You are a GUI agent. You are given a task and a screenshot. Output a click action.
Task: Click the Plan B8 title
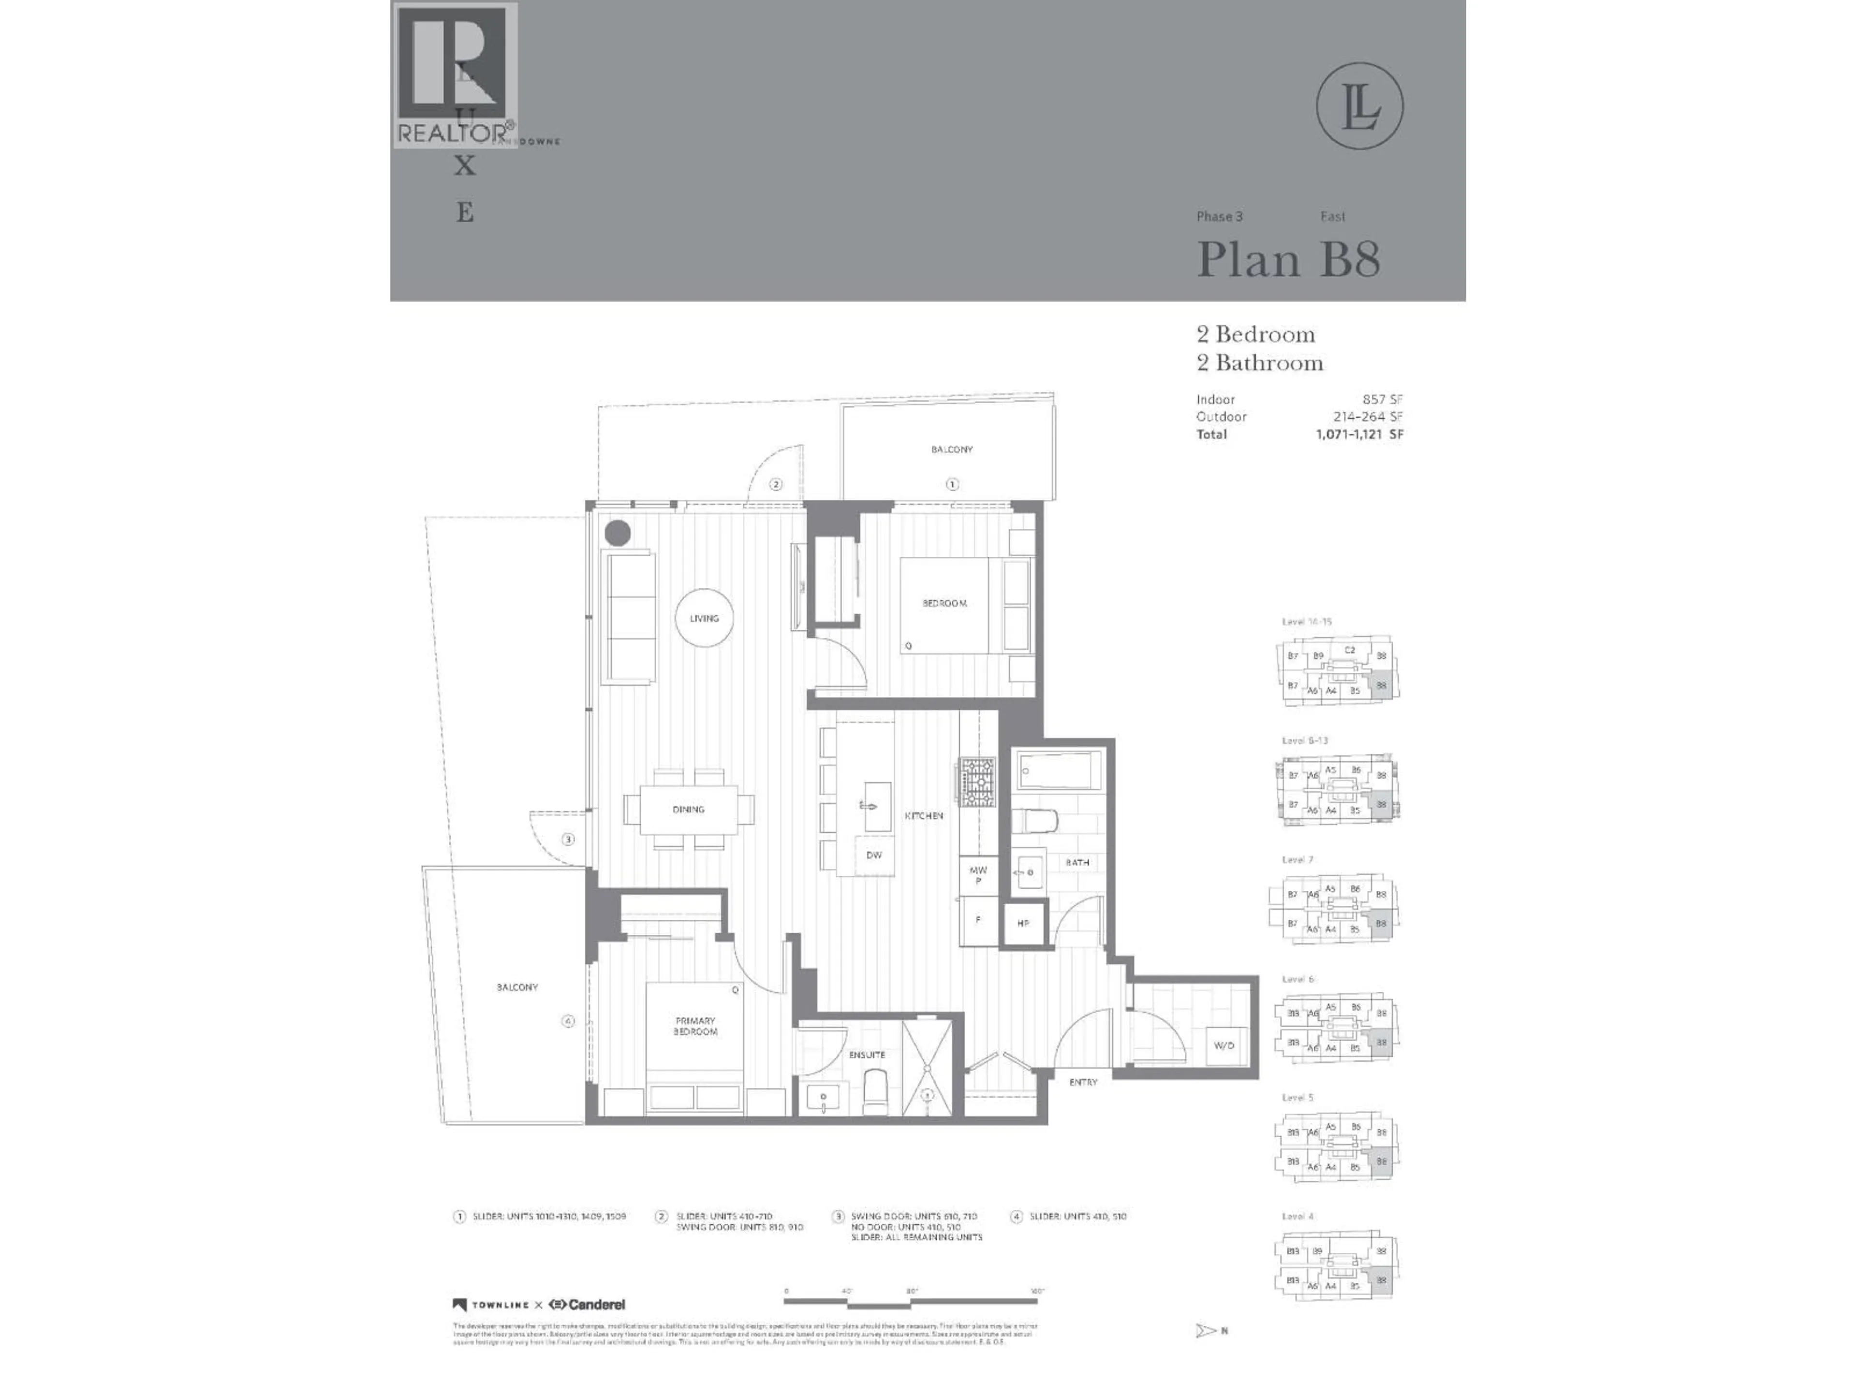coord(1288,259)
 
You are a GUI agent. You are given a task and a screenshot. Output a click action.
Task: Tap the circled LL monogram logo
coord(1359,106)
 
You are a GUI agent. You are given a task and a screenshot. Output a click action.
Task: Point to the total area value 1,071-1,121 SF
coord(1359,434)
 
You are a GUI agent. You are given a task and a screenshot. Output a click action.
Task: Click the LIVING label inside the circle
coord(704,618)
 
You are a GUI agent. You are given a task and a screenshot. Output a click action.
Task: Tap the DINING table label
coord(689,810)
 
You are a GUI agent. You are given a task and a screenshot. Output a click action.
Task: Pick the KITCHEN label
coord(924,815)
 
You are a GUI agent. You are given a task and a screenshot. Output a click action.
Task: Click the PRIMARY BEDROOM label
coord(695,1026)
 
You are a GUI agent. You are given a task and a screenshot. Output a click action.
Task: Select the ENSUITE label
coord(867,1055)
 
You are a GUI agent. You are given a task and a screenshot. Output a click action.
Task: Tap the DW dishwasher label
coord(874,855)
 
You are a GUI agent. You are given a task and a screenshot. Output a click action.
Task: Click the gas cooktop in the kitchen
coord(977,782)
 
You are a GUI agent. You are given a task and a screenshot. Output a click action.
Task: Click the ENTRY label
coord(1083,1082)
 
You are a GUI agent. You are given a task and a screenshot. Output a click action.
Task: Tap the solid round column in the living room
coord(618,532)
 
